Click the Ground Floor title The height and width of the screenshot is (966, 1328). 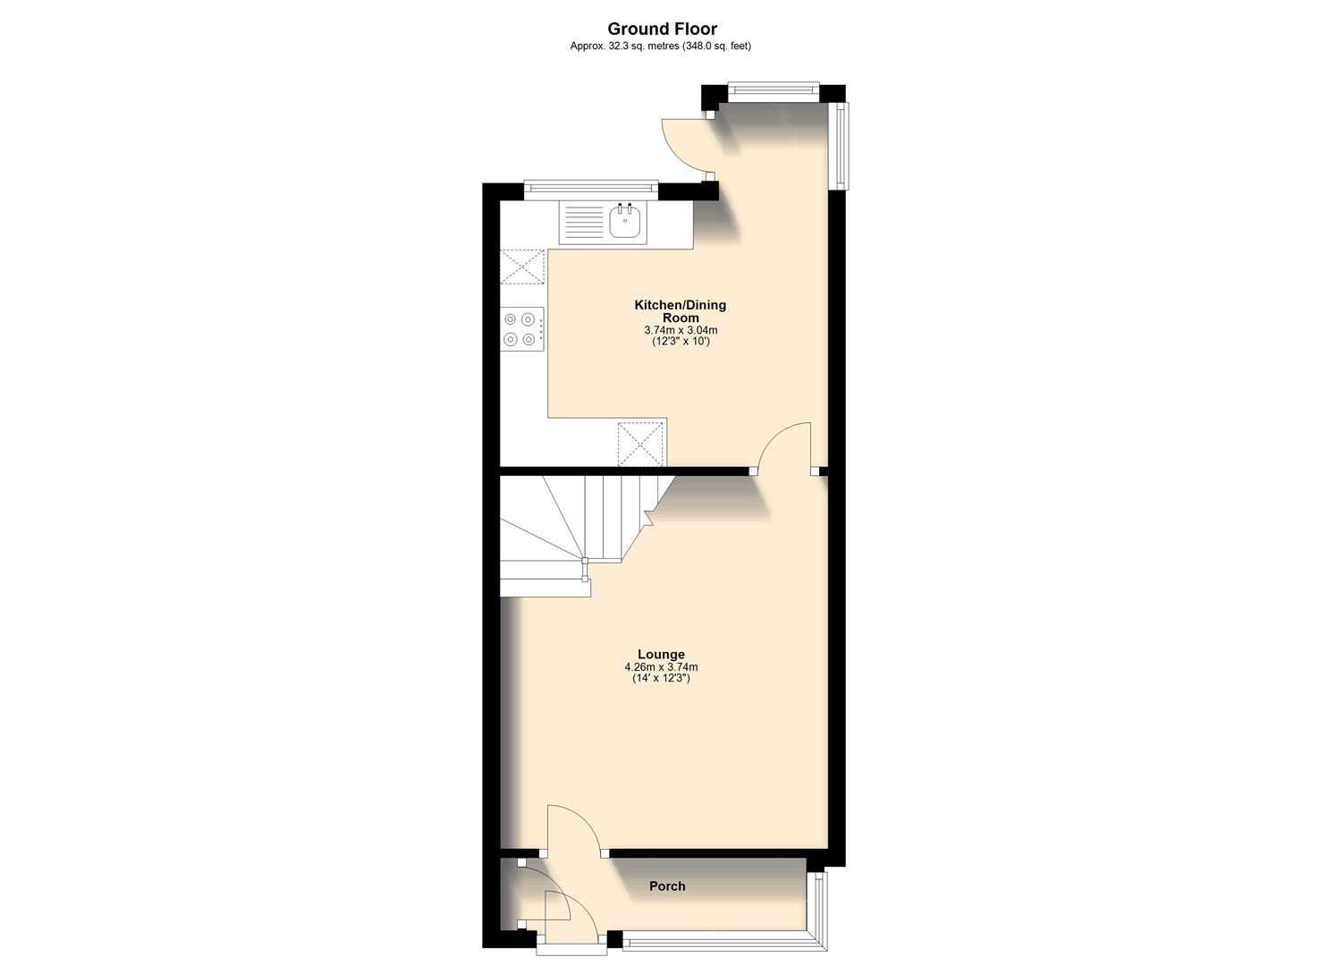[x=663, y=30]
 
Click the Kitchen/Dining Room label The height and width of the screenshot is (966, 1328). [x=681, y=311]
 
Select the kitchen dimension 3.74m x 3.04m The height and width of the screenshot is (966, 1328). [x=681, y=330]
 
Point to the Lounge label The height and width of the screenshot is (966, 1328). [x=661, y=654]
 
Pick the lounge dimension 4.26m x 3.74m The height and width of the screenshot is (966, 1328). [x=661, y=667]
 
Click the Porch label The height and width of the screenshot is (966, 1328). [x=667, y=886]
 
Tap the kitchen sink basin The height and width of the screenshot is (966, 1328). [x=627, y=221]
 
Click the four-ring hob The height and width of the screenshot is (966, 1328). [x=522, y=328]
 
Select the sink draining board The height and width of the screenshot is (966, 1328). [x=583, y=223]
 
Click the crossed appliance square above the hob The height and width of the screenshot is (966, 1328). [x=523, y=267]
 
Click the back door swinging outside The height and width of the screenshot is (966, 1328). [x=684, y=143]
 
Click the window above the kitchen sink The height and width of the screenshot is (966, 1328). [x=591, y=188]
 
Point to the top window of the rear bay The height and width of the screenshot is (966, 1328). [x=773, y=88]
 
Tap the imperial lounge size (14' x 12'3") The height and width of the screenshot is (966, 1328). [x=661, y=679]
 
